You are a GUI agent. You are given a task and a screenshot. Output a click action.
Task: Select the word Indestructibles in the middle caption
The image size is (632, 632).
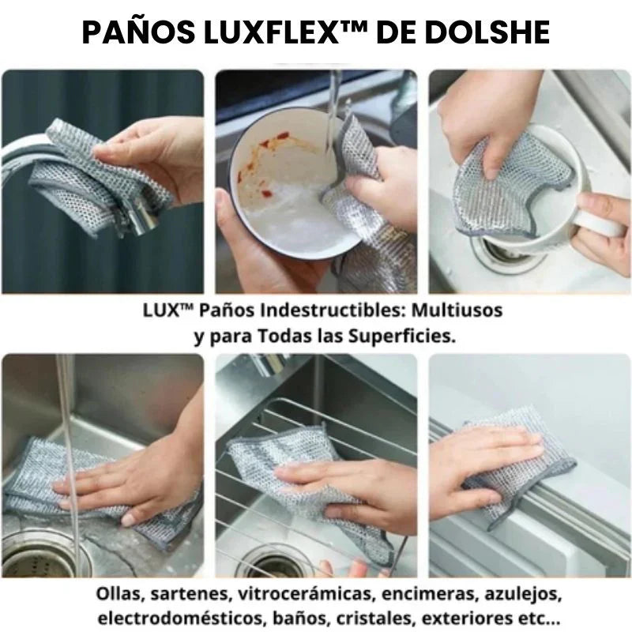pyautogui.click(x=330, y=310)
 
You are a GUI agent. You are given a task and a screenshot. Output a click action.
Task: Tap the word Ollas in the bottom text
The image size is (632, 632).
pyautogui.click(x=118, y=593)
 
